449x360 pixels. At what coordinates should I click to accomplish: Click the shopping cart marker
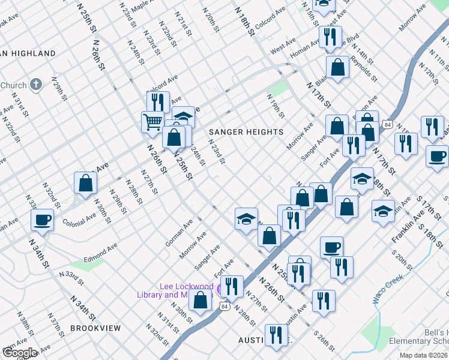[x=152, y=121]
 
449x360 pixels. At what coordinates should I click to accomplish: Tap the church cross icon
[x=36, y=85]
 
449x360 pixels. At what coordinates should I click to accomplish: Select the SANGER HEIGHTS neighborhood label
[x=246, y=131]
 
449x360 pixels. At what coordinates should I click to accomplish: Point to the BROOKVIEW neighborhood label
[x=95, y=328]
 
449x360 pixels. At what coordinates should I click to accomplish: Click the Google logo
[x=20, y=353]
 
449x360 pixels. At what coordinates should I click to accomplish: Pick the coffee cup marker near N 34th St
[x=42, y=219]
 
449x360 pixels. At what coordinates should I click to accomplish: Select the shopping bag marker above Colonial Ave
[x=85, y=182]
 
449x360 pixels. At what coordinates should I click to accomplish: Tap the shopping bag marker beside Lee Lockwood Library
[x=200, y=299]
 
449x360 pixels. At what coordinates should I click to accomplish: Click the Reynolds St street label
[x=364, y=70]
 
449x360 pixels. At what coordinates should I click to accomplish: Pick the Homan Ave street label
[x=304, y=44]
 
